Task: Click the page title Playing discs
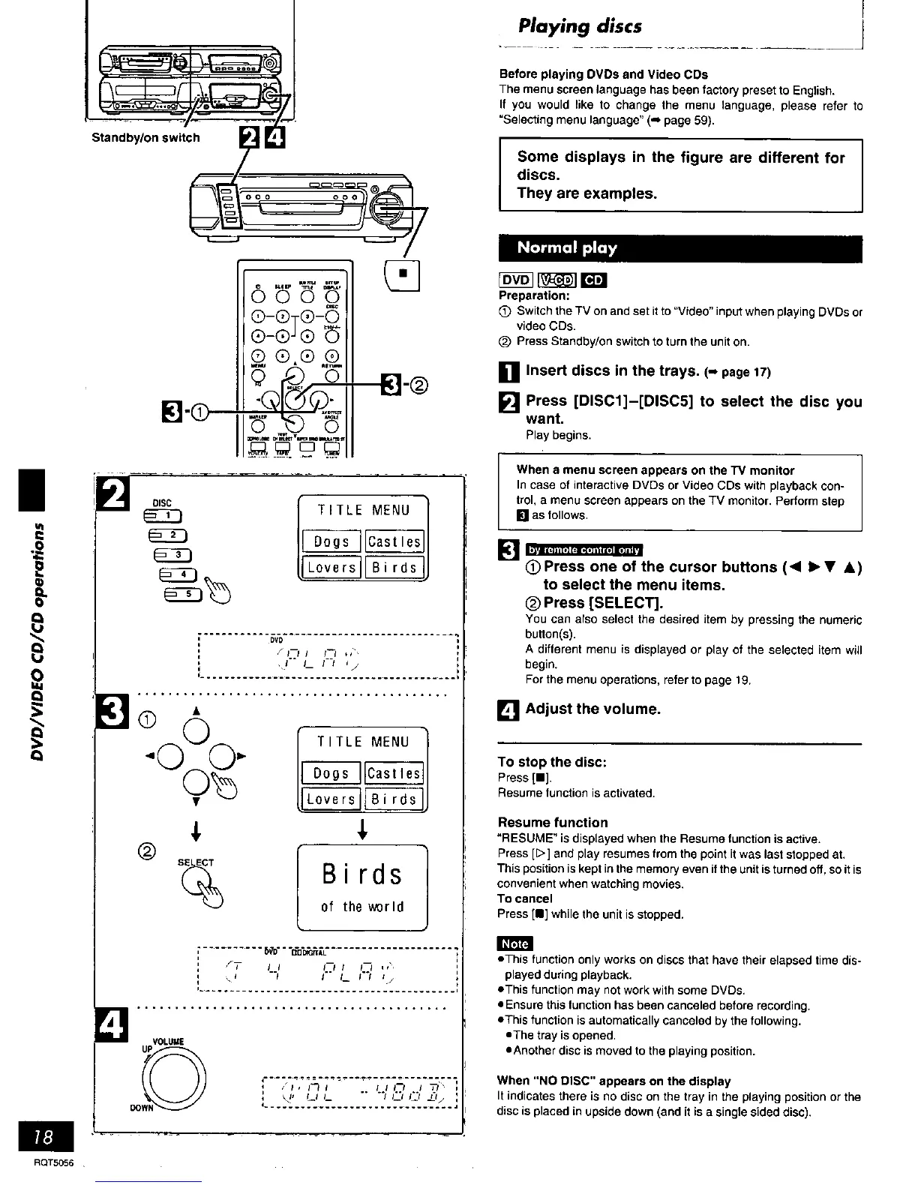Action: tap(580, 26)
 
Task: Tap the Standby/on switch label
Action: tap(145, 137)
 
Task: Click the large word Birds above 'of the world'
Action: tap(362, 874)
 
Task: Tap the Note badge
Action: tap(515, 943)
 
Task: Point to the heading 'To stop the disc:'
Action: tap(552, 762)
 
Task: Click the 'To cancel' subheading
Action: tap(525, 898)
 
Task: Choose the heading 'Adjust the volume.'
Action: tap(593, 709)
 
